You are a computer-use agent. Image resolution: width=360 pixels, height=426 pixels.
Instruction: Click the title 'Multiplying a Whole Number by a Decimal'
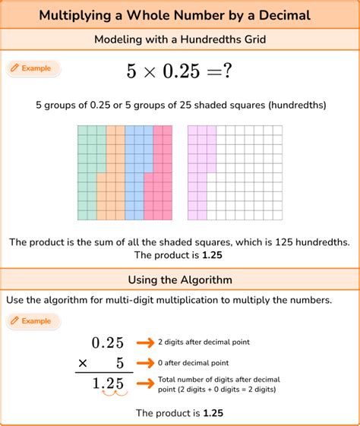pyautogui.click(x=179, y=15)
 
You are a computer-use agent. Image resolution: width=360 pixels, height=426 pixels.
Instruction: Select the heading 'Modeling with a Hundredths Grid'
pyautogui.click(x=179, y=39)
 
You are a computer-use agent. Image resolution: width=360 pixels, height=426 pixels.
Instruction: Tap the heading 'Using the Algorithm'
pyautogui.click(x=179, y=280)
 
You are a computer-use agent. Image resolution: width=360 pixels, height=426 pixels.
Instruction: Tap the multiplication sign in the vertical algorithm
pyautogui.click(x=83, y=364)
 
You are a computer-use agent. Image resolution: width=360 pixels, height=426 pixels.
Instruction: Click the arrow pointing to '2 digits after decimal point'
pyautogui.click(x=144, y=342)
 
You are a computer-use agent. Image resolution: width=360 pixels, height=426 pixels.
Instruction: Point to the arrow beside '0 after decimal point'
pyautogui.click(x=144, y=364)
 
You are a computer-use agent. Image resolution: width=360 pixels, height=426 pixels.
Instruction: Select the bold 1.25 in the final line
pyautogui.click(x=213, y=413)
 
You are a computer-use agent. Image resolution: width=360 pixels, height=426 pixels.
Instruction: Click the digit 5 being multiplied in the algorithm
pyautogui.click(x=119, y=364)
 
